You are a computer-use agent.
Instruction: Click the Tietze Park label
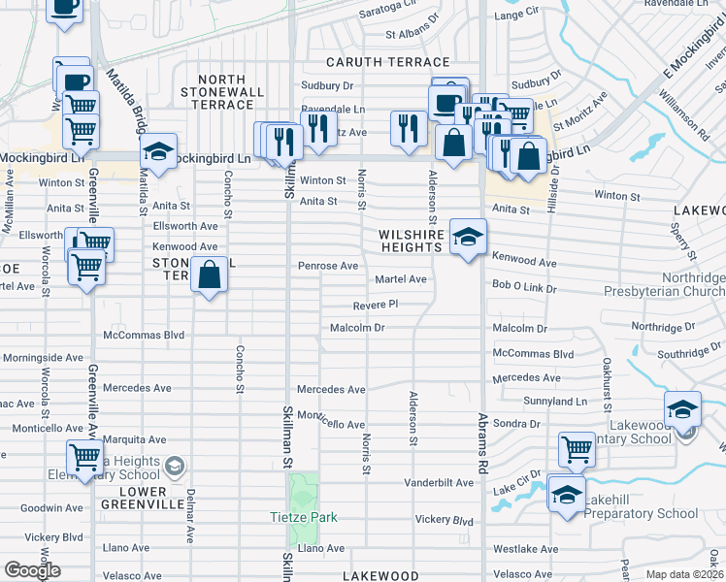point(303,517)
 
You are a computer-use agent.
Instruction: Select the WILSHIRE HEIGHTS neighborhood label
point(412,241)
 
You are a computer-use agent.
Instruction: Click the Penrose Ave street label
point(328,266)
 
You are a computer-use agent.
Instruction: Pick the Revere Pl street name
point(376,304)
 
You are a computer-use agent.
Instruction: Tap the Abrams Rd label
point(482,440)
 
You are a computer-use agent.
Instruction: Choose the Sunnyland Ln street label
point(554,401)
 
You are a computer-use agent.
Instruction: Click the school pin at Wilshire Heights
point(468,238)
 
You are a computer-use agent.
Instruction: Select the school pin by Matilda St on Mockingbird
point(157,152)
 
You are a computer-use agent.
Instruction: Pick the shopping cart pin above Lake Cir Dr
point(577,450)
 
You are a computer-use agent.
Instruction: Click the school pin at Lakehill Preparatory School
point(566,494)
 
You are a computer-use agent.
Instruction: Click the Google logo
point(32,570)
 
